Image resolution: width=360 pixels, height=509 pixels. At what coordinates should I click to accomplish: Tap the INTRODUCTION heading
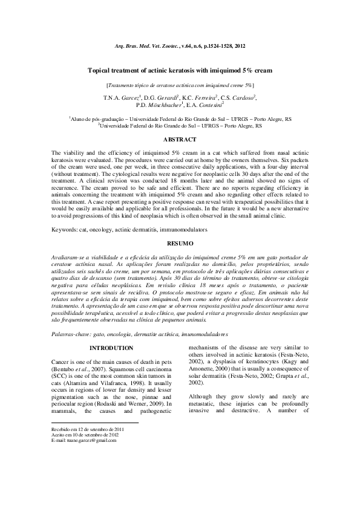pos(111,348)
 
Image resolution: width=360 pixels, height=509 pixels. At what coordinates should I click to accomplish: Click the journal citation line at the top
pos(180,47)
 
